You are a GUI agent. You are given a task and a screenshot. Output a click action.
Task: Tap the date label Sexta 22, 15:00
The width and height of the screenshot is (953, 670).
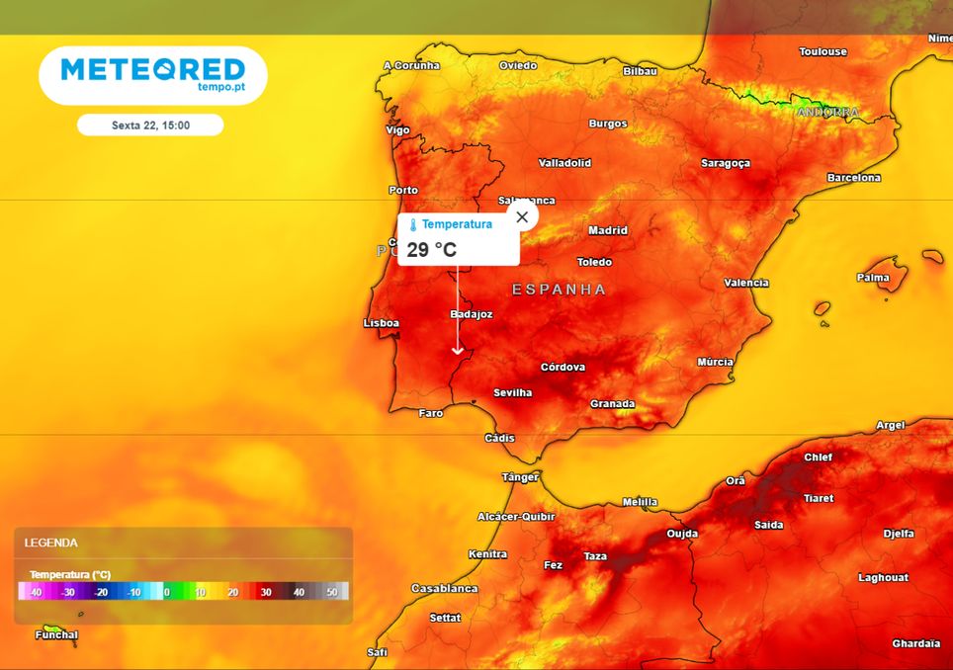tap(150, 126)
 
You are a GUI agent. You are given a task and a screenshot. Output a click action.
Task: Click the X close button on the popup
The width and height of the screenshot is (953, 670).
tap(522, 216)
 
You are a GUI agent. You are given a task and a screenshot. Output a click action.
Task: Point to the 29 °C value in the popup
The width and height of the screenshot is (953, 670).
tap(432, 249)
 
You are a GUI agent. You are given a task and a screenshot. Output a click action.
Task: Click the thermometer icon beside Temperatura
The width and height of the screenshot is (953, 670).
tap(413, 225)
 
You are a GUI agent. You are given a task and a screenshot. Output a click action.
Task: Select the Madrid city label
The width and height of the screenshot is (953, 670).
tap(608, 230)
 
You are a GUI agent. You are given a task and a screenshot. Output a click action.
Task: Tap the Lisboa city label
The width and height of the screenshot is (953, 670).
tap(382, 323)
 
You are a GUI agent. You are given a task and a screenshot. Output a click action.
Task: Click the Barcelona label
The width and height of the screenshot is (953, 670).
tap(853, 178)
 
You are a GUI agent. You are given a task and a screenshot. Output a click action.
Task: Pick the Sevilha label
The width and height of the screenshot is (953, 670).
tap(512, 392)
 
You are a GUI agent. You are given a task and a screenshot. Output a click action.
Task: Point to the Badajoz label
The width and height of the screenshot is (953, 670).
tap(471, 314)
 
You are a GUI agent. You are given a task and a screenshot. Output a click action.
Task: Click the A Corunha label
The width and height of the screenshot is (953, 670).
tap(411, 65)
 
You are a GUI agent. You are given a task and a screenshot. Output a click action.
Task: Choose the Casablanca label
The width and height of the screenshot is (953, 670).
tap(444, 588)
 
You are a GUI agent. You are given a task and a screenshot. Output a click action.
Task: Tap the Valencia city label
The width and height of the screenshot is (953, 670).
tap(745, 283)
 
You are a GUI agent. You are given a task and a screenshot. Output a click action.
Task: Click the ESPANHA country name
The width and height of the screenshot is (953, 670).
tap(559, 290)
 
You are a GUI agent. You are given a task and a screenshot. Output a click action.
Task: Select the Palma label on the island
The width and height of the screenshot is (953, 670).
tap(873, 278)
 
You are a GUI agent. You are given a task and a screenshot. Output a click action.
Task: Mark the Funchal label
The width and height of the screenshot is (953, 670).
tap(55, 634)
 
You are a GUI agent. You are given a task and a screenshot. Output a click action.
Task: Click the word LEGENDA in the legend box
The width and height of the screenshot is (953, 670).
tap(51, 543)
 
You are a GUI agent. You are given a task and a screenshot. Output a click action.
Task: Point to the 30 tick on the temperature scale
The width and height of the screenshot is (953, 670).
tap(265, 592)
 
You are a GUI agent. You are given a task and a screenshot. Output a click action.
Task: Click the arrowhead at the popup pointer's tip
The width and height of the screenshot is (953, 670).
tap(457, 350)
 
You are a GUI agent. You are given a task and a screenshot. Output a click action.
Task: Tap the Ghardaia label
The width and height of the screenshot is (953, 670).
tap(915, 643)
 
